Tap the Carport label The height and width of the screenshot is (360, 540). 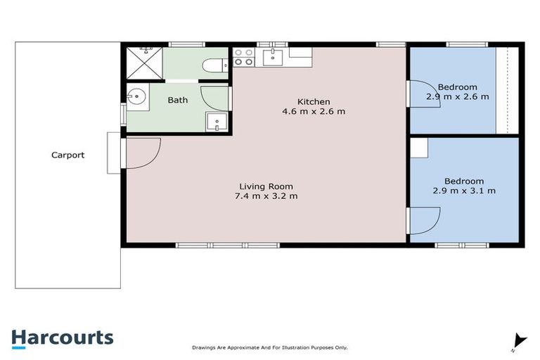click(x=67, y=155)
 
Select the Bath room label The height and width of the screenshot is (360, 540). click(x=177, y=100)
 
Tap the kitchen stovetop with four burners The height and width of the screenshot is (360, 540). click(x=243, y=57)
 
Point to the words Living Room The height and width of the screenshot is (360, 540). click(x=266, y=186)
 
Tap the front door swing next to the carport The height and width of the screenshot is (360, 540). click(x=144, y=151)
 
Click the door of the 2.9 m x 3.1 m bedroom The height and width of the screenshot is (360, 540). click(x=424, y=221)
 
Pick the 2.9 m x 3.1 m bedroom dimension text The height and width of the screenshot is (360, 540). click(x=464, y=191)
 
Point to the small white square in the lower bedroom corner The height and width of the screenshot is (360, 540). click(x=419, y=147)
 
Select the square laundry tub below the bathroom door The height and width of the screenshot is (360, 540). click(x=217, y=122)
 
